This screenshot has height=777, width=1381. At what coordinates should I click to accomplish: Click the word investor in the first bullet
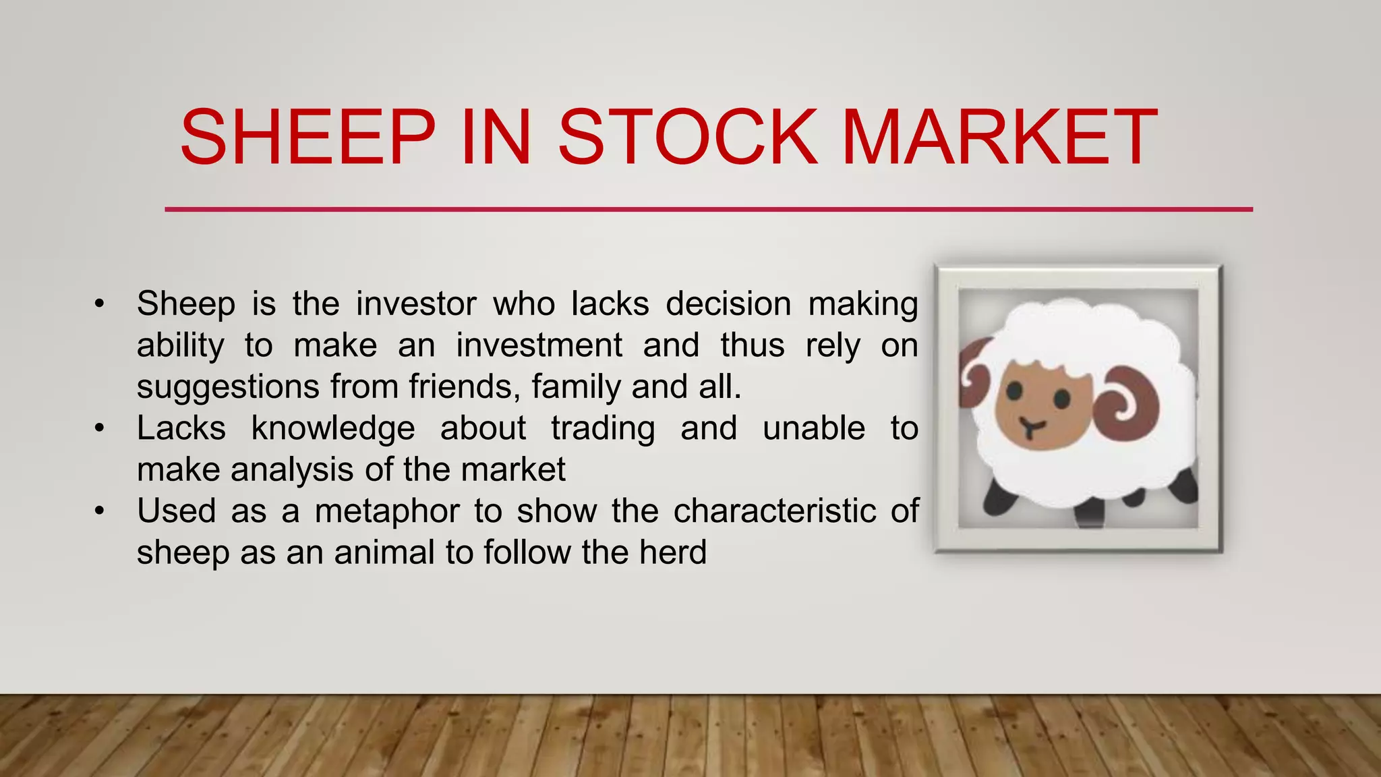coord(416,304)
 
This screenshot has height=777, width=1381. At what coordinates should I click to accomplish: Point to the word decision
coord(728,304)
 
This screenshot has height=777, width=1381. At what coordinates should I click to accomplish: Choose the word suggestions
coord(228,387)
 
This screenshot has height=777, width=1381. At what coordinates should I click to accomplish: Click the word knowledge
coord(333,428)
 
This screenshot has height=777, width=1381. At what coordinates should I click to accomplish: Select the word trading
coord(603,428)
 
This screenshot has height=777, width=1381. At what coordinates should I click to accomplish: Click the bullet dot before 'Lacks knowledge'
coord(100,428)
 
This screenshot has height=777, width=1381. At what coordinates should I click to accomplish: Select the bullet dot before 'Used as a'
coord(100,511)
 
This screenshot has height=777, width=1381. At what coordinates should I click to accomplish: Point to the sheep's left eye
coord(1013,391)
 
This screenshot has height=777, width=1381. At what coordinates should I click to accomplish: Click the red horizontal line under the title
coord(708,210)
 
